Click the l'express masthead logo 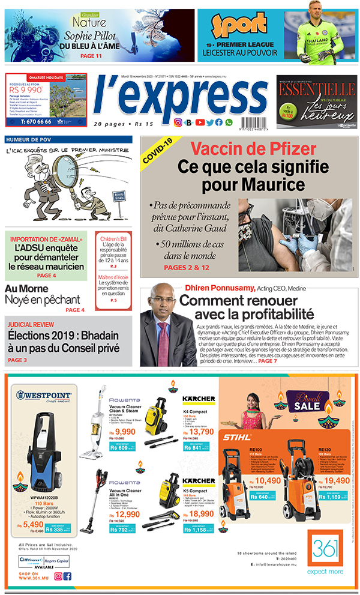pos(172,98)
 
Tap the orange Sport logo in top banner pos(239,26)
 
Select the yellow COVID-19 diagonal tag pos(158,151)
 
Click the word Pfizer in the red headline pos(285,149)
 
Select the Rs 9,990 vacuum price pos(121,432)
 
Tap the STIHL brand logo pos(237,436)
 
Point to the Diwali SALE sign pos(307,400)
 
